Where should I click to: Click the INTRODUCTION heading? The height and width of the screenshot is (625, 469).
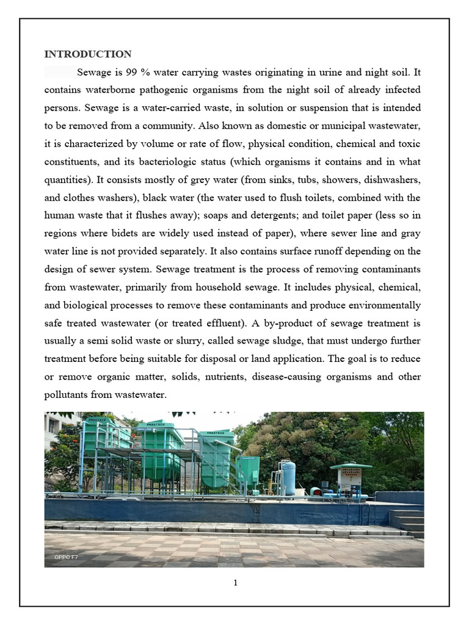pyautogui.click(x=88, y=54)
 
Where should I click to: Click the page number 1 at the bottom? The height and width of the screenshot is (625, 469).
pyautogui.click(x=235, y=583)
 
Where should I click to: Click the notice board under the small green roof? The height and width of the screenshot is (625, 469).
pyautogui.click(x=349, y=476)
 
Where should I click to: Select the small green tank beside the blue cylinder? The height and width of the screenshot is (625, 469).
pyautogui.click(x=249, y=471)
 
